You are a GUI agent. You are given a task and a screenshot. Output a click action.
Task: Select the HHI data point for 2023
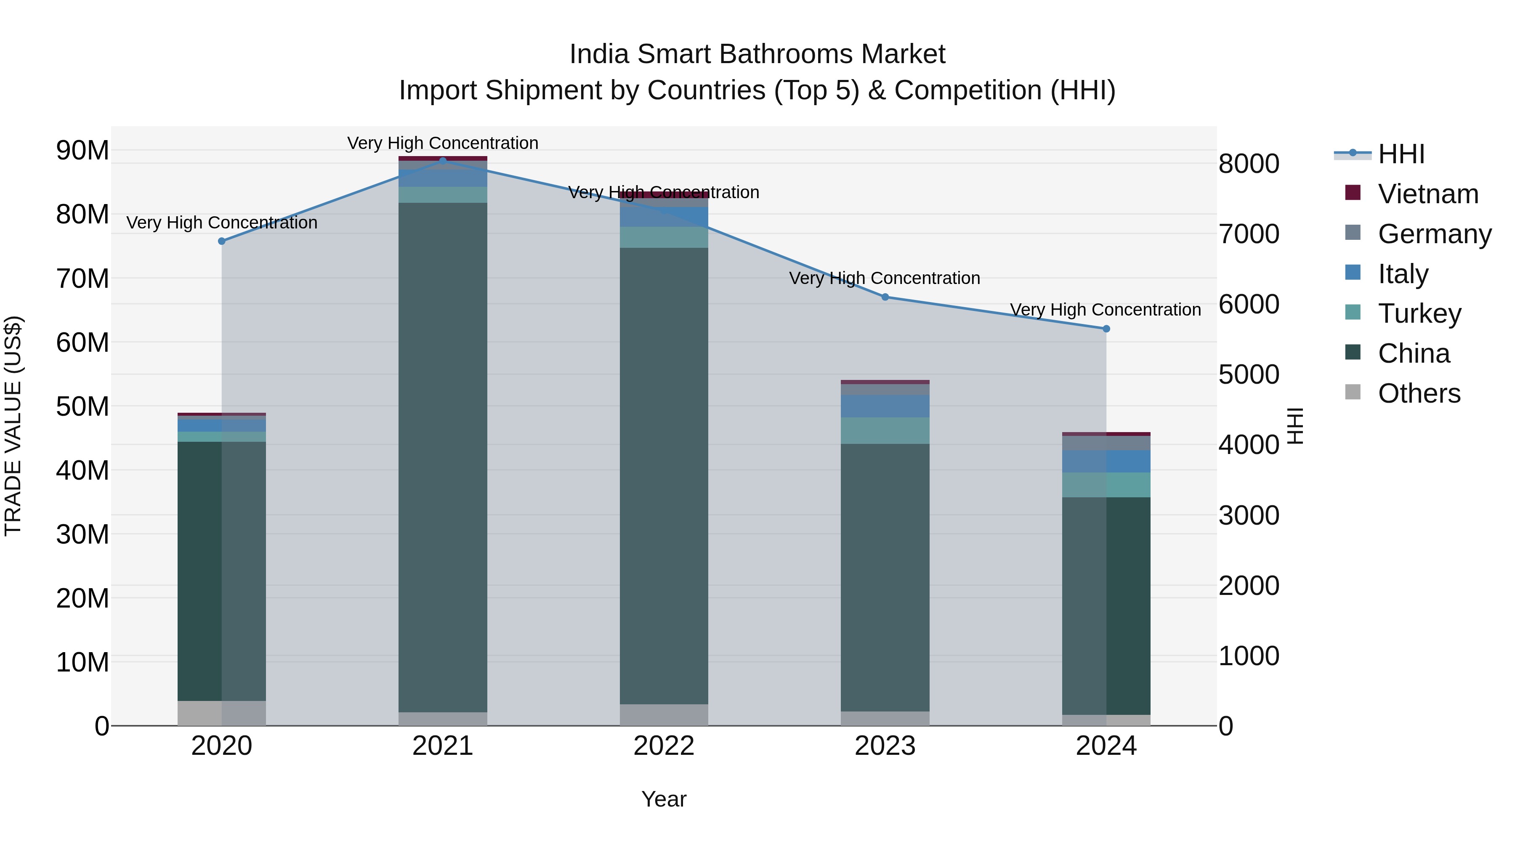[x=885, y=297]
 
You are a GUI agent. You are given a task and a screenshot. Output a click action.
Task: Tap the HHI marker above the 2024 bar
[x=1106, y=329]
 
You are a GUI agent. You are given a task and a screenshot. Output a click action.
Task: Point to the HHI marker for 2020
[x=222, y=241]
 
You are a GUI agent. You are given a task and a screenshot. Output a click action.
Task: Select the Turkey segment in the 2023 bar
[x=885, y=430]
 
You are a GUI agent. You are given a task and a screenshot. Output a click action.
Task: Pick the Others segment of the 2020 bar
[x=222, y=713]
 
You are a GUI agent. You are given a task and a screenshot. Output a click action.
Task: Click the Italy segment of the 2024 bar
[x=1106, y=461]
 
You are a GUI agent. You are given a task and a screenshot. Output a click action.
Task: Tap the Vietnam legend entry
[x=1428, y=194]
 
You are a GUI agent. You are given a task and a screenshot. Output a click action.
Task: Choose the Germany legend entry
[x=1434, y=234]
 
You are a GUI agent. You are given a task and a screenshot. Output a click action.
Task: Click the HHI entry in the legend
[x=1401, y=154]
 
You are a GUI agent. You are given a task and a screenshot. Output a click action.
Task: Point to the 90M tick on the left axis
[x=82, y=151]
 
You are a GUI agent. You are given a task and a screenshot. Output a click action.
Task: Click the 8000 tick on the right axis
[x=1249, y=164]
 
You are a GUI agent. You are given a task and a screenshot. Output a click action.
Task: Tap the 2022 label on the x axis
[x=664, y=746]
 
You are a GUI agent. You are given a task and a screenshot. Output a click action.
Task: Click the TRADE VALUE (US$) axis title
[x=13, y=426]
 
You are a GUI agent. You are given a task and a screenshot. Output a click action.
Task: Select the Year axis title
[x=664, y=799]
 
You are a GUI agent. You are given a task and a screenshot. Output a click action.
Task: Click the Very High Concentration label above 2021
[x=443, y=143]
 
